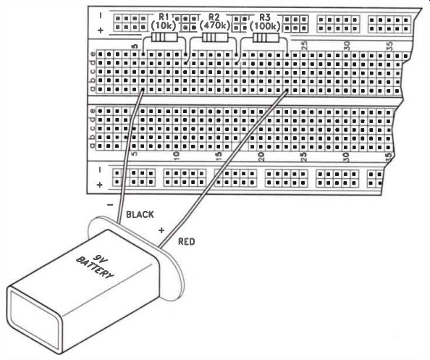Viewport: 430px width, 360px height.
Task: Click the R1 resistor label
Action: click(x=164, y=17)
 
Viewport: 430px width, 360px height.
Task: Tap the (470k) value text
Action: click(x=214, y=26)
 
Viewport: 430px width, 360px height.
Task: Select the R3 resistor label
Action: click(x=265, y=17)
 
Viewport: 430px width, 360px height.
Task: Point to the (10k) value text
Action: click(x=164, y=26)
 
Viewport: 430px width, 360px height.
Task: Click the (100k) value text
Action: click(x=266, y=26)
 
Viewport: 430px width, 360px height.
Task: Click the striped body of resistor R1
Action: click(x=164, y=38)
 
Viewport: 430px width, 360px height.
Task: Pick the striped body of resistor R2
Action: click(x=215, y=38)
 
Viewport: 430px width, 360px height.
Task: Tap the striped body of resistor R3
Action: click(x=266, y=38)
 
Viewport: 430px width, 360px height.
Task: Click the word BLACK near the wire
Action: click(x=140, y=214)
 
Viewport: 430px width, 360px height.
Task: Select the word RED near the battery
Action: click(x=187, y=241)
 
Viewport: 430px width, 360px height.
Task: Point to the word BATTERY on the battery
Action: click(x=95, y=267)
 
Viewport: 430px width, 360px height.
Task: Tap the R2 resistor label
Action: click(x=214, y=17)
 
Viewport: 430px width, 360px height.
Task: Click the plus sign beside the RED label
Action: click(x=161, y=230)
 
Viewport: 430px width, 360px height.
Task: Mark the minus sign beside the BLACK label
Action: click(x=110, y=205)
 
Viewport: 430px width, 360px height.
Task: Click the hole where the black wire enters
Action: click(x=143, y=90)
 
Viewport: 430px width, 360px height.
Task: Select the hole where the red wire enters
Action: click(x=287, y=90)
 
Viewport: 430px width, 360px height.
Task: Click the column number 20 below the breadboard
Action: click(x=261, y=156)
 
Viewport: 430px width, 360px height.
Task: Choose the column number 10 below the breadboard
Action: click(x=177, y=156)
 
